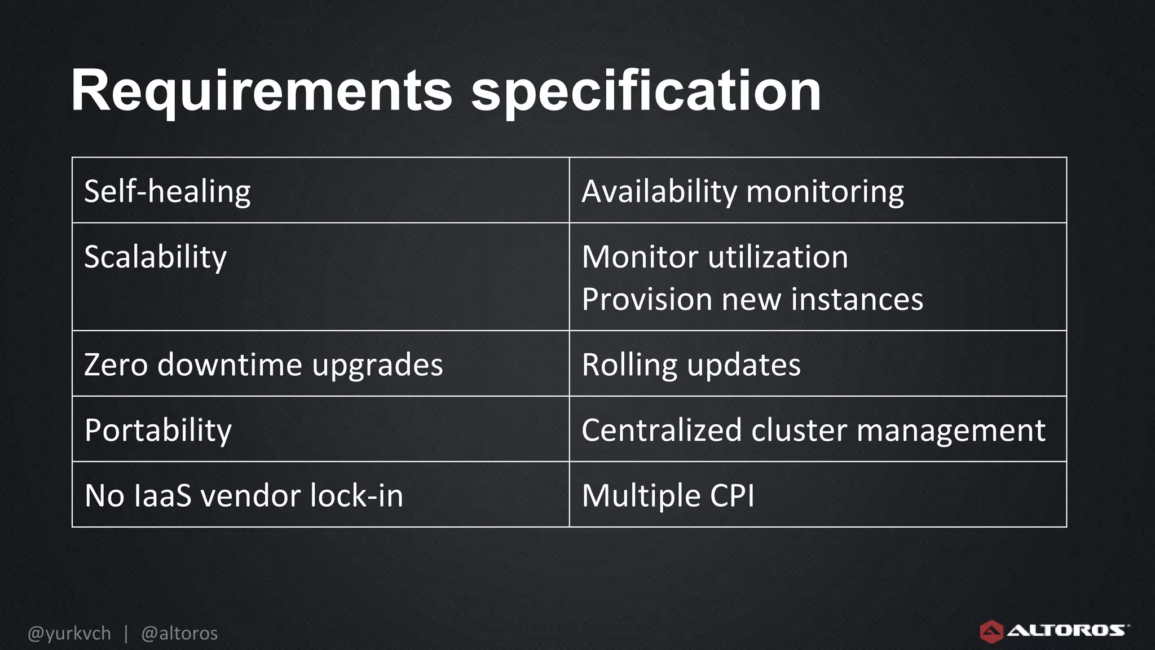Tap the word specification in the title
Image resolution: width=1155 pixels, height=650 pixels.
[x=646, y=92]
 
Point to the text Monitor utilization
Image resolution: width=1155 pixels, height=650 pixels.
[x=715, y=257]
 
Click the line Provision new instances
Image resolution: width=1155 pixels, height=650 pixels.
[x=752, y=299]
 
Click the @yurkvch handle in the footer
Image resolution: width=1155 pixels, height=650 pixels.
[x=69, y=633]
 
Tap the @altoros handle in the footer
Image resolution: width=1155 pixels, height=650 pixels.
[x=179, y=633]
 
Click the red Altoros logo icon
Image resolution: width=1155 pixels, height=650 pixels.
[x=991, y=631]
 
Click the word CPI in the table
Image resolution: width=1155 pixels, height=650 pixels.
[x=731, y=495]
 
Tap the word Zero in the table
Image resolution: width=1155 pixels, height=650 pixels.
[x=116, y=364]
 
